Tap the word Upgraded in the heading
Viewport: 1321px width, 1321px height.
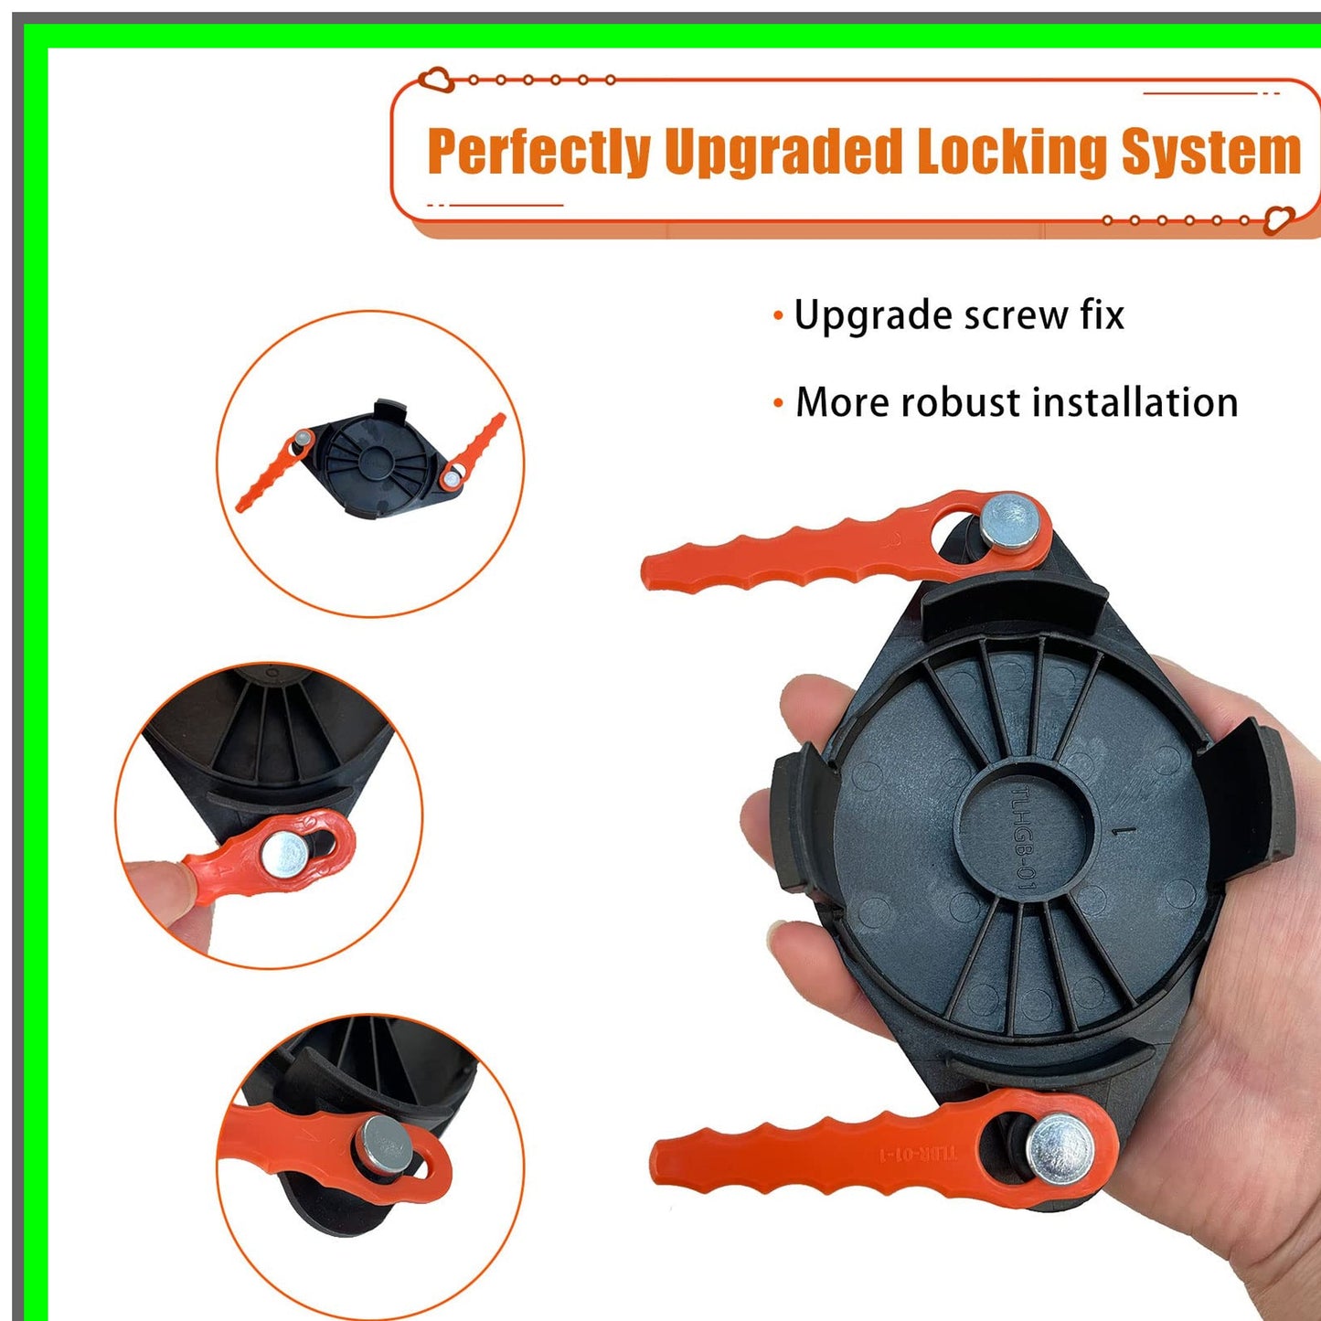click(783, 152)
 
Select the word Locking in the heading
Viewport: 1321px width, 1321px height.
click(1012, 152)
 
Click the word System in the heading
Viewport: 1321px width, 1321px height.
click(1210, 152)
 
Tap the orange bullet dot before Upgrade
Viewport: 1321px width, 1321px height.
click(778, 317)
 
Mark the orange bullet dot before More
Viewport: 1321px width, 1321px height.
click(778, 403)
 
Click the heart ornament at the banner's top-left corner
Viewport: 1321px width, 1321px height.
click(437, 80)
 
